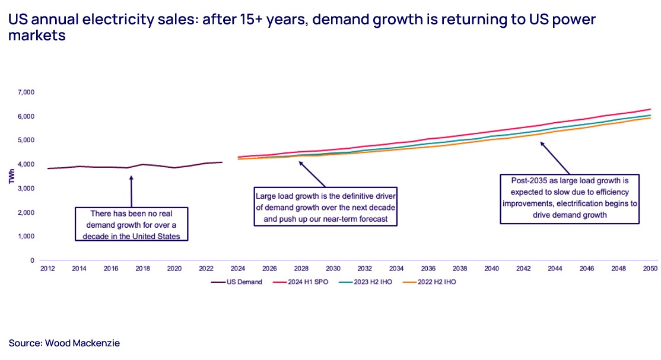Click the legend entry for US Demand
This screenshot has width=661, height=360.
(x=237, y=282)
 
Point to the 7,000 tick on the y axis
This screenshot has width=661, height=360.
(x=25, y=93)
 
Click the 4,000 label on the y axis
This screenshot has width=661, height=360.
(x=25, y=164)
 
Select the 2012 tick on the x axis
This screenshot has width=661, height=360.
(x=47, y=269)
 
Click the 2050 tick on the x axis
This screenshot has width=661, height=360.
(x=650, y=269)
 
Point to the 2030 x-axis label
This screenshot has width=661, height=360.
(x=333, y=269)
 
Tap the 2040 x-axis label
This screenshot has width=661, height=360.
(x=491, y=269)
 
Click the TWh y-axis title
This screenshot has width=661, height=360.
(x=12, y=176)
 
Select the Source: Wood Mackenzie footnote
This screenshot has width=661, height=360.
(x=64, y=343)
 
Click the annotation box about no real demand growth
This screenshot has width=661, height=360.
(x=131, y=224)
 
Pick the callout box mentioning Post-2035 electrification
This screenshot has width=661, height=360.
(x=570, y=198)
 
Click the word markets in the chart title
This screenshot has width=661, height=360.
(x=36, y=35)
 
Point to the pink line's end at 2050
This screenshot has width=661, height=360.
(x=650, y=110)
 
